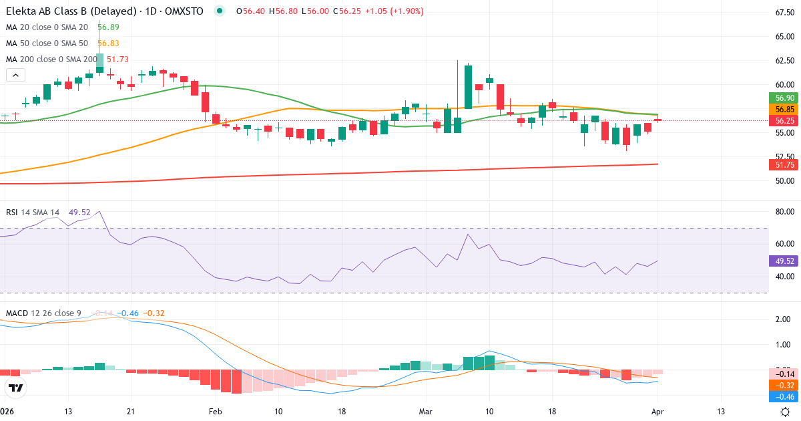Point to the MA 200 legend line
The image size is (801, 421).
(51, 59)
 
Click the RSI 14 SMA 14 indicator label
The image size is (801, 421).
(33, 213)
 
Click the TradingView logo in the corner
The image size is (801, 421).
(16, 388)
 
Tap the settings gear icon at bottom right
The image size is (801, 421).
(786, 412)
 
